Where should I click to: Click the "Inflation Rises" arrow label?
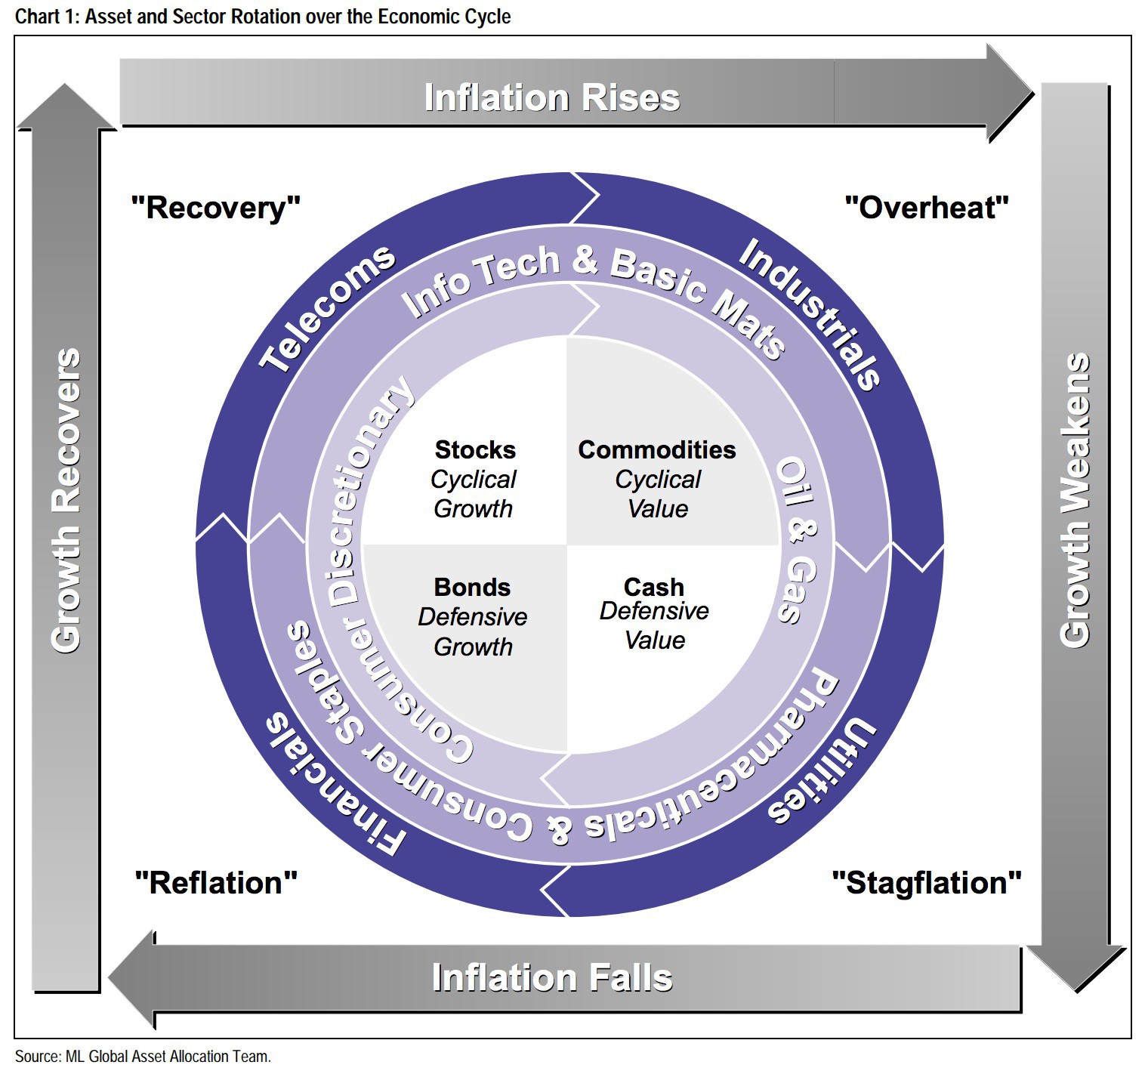pyautogui.click(x=552, y=98)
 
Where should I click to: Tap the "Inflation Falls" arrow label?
pyautogui.click(x=552, y=977)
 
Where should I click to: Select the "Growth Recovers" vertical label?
pyautogui.click(x=66, y=500)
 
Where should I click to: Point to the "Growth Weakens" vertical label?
pyautogui.click(x=1076, y=500)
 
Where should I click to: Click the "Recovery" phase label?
pyautogui.click(x=216, y=208)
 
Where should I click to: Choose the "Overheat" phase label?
pyautogui.click(x=927, y=208)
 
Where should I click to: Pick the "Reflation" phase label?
pyautogui.click(x=216, y=883)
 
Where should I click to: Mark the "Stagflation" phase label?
pyautogui.click(x=927, y=883)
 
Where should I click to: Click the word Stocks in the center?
pyautogui.click(x=475, y=450)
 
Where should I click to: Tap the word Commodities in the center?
pyautogui.click(x=657, y=450)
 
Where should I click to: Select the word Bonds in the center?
pyautogui.click(x=472, y=588)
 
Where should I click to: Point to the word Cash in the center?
pyautogui.click(x=654, y=587)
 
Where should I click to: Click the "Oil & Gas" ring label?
pyautogui.click(x=798, y=540)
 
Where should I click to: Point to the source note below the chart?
pyautogui.click(x=143, y=1057)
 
